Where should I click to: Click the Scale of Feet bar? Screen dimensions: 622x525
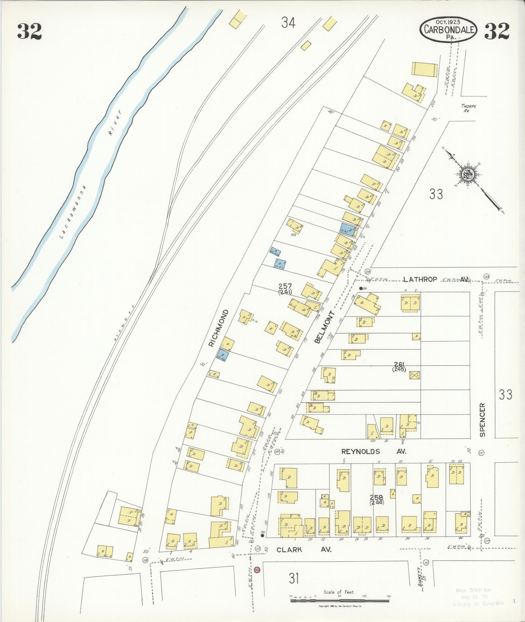(339, 597)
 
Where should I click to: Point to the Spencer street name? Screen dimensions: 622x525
(482, 420)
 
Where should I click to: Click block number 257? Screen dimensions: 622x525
(285, 286)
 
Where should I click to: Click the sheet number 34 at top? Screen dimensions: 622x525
(288, 23)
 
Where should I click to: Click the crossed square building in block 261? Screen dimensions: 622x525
(414, 375)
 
